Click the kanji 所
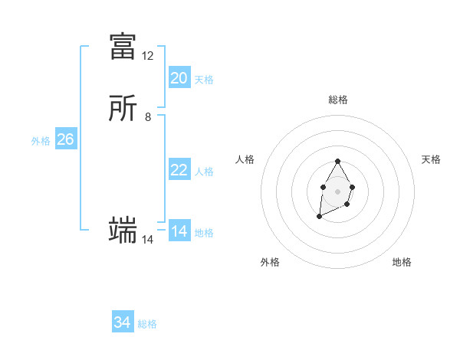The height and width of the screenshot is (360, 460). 123,110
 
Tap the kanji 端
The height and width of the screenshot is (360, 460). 123,229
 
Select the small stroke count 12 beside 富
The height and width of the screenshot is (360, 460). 148,56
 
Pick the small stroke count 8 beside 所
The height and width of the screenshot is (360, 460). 148,117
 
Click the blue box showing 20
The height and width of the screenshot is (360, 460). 179,78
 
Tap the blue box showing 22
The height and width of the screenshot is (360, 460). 179,170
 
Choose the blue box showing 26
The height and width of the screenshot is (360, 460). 66,139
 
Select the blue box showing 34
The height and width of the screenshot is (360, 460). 123,322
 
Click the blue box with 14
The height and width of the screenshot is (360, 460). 179,231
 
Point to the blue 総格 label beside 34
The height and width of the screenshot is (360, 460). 147,324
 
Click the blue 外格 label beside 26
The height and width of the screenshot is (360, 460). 41,141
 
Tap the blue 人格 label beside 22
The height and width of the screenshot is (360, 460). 204,172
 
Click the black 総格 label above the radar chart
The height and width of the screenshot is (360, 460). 337,100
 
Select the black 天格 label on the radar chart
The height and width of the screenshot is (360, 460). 431,159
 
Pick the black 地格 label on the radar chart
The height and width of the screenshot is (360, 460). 402,262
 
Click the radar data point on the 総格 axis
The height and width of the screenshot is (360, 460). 337,162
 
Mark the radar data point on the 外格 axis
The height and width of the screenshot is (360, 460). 319,217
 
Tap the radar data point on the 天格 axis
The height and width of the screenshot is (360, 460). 352,187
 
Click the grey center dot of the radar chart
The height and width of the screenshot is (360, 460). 337,191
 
